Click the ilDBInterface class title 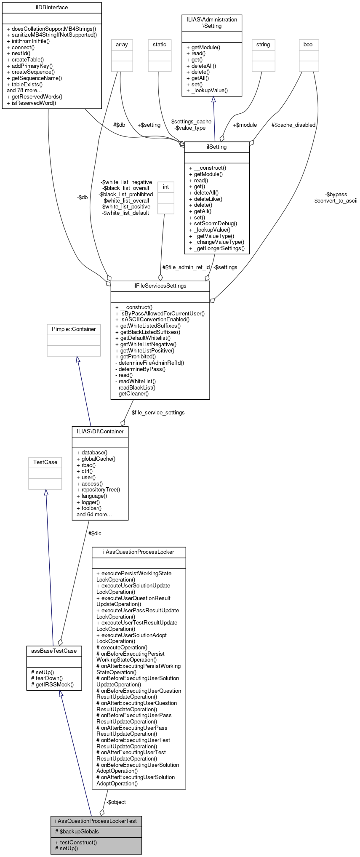[51, 8]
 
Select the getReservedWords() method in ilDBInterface [35, 96]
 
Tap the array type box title [122, 45]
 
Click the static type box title [160, 45]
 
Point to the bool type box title [309, 45]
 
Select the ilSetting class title [217, 147]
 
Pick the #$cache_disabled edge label [293, 125]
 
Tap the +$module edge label [245, 125]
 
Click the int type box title [166, 187]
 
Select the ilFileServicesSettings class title [160, 286]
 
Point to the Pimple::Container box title [74, 329]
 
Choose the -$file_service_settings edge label [157, 413]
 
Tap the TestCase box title [45, 462]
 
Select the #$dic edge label [95, 534]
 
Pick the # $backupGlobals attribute [77, 832]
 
